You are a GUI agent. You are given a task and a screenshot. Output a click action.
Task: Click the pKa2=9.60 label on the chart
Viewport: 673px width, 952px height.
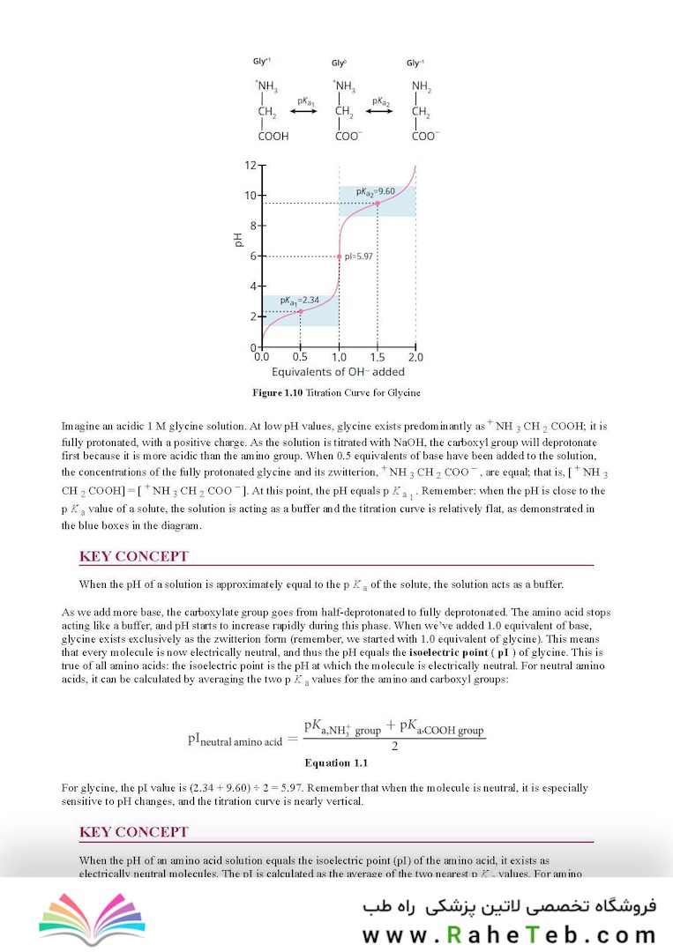pos(377,191)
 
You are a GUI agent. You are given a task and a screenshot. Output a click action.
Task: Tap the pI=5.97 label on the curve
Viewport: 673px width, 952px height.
pos(361,257)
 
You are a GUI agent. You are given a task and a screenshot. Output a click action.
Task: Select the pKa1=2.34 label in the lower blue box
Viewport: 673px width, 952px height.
pos(299,301)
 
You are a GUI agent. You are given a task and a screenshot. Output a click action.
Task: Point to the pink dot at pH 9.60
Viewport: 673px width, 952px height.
pos(378,204)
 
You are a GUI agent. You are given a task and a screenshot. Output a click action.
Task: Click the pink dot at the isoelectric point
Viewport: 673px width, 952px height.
pos(339,257)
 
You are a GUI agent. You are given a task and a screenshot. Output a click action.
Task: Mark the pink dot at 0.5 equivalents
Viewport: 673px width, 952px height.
pos(300,311)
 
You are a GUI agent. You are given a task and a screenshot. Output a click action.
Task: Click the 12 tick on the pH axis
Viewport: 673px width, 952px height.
pos(251,165)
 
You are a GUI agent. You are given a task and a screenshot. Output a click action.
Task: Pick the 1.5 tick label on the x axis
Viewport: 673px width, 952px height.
pos(378,358)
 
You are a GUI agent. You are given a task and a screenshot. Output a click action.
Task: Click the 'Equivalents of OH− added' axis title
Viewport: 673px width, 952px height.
pos(338,372)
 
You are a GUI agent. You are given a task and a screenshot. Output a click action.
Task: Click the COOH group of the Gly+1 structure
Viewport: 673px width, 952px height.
pos(273,137)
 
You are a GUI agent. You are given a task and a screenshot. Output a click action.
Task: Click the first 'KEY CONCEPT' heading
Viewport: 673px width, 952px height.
pos(133,556)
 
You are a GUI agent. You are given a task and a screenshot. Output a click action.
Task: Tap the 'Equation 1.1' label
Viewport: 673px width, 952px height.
pos(336,762)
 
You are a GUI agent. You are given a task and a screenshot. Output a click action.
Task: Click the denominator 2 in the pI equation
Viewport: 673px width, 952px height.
pos(394,746)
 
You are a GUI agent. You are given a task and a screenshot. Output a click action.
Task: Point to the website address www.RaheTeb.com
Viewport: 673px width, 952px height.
pos(509,935)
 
